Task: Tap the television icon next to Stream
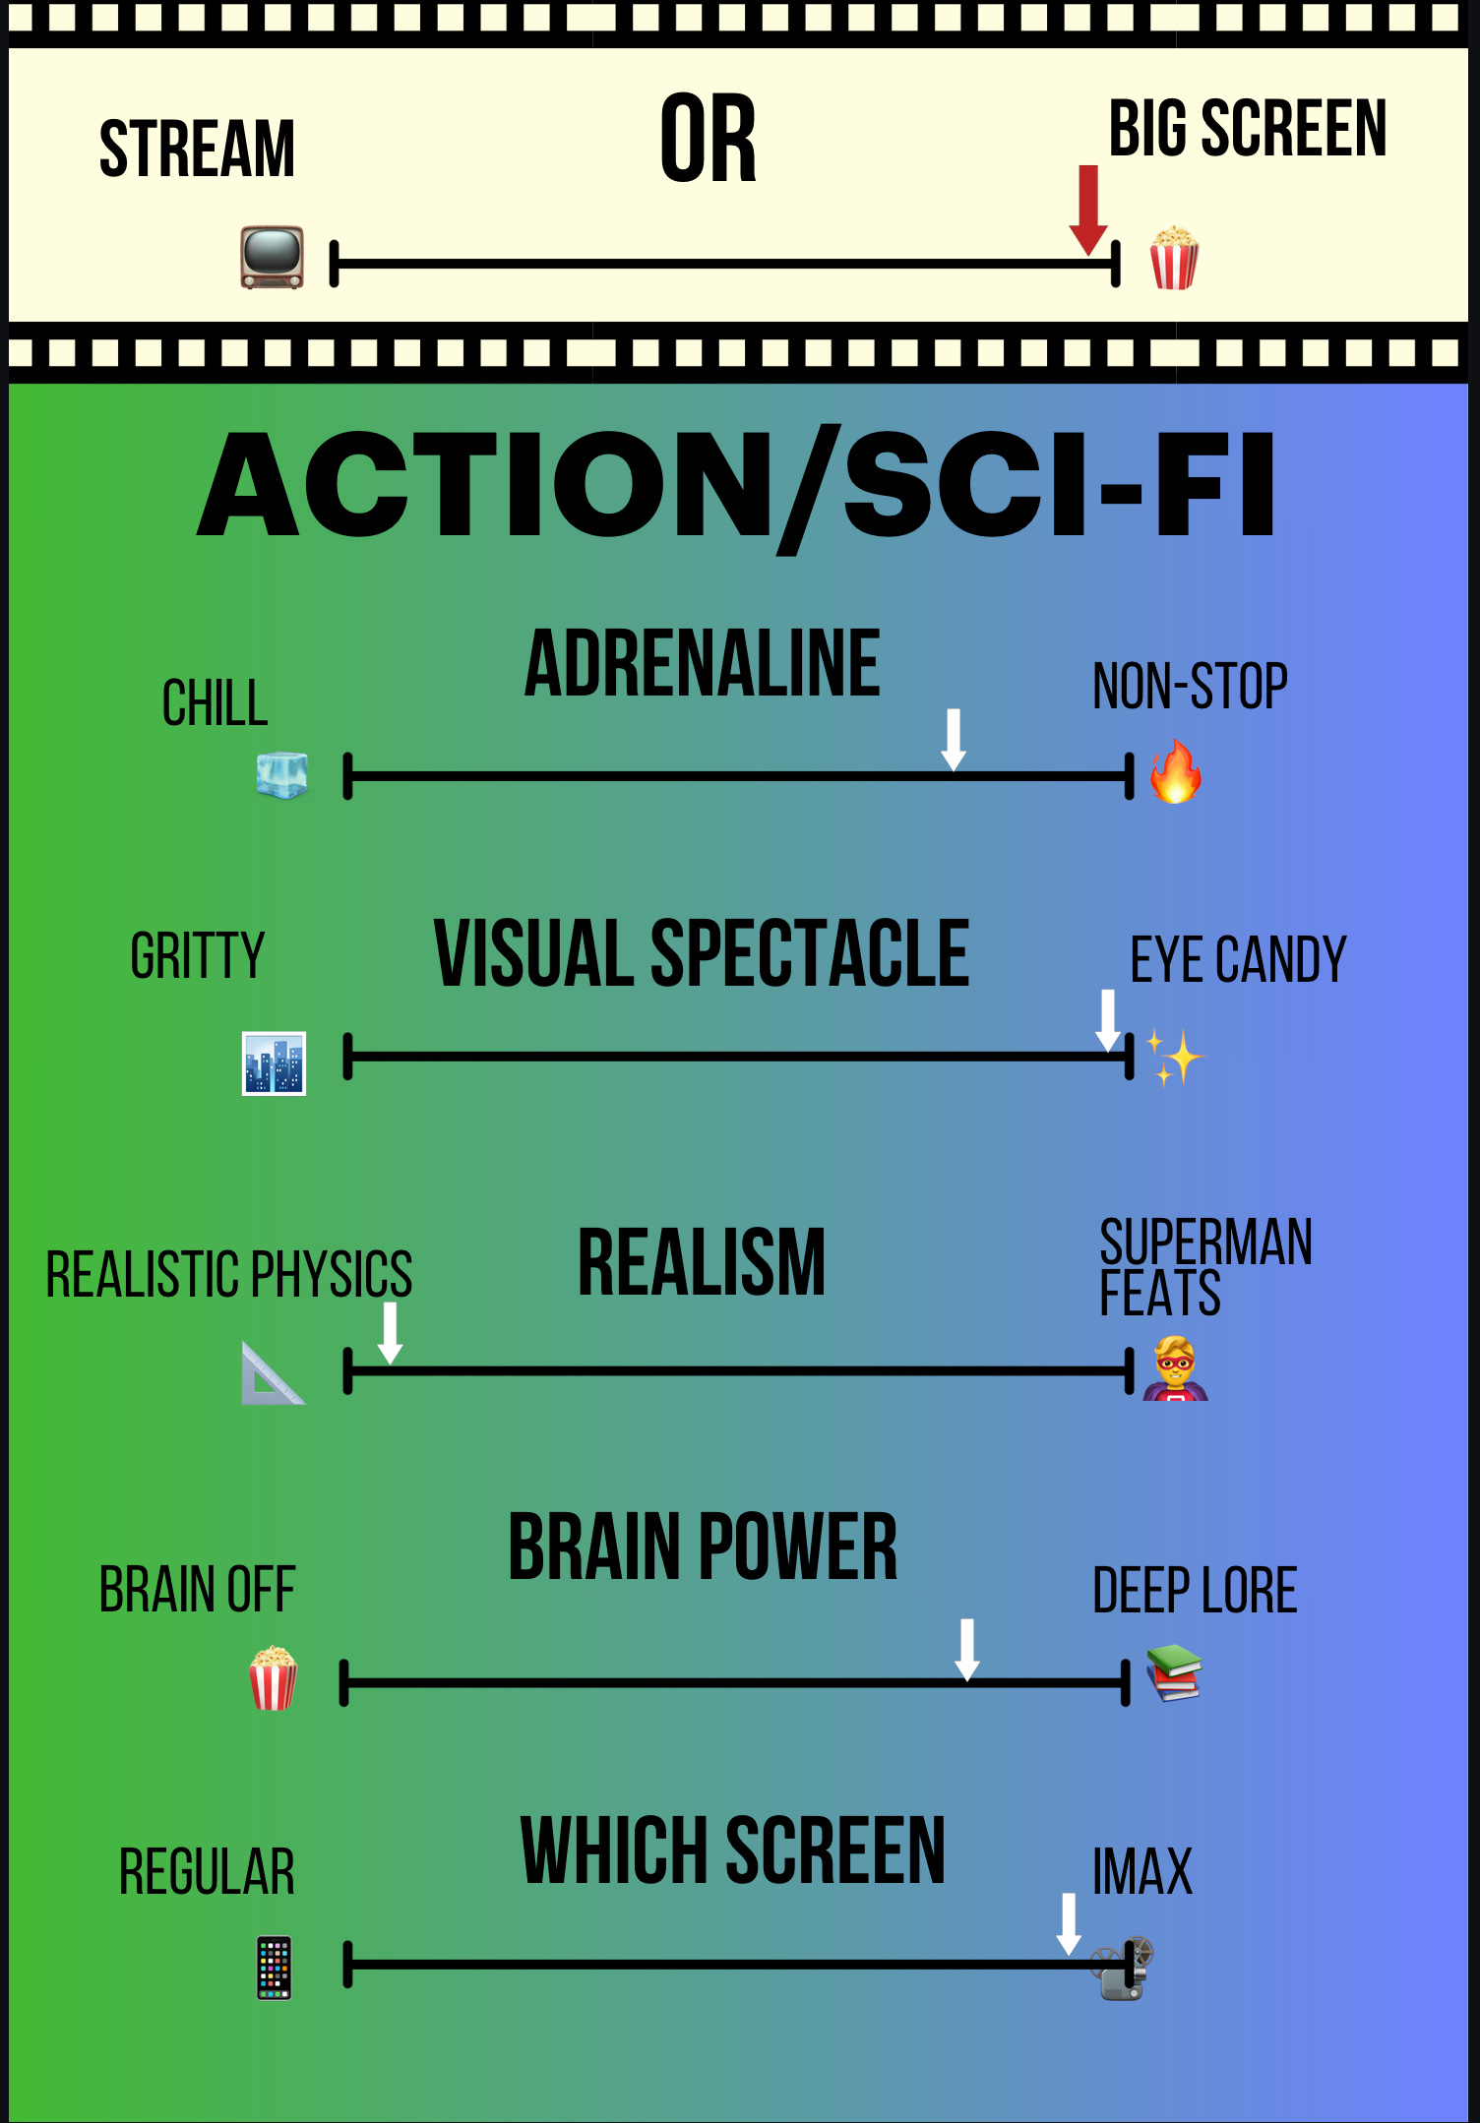[273, 258]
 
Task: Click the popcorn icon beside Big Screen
[1174, 258]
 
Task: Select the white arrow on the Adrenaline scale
[953, 739]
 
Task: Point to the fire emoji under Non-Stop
[1176, 772]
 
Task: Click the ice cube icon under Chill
[281, 775]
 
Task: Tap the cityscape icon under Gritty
[274, 1063]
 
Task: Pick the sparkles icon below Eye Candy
[1174, 1059]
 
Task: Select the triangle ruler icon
[272, 1373]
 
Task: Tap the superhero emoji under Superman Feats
[1175, 1368]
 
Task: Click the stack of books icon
[1174, 1672]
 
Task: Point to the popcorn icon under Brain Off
[273, 1678]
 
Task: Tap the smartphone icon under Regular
[274, 1968]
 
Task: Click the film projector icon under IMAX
[1124, 1969]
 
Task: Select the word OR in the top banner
[708, 140]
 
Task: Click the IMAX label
[1142, 1871]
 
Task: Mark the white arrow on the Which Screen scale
[1069, 1923]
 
